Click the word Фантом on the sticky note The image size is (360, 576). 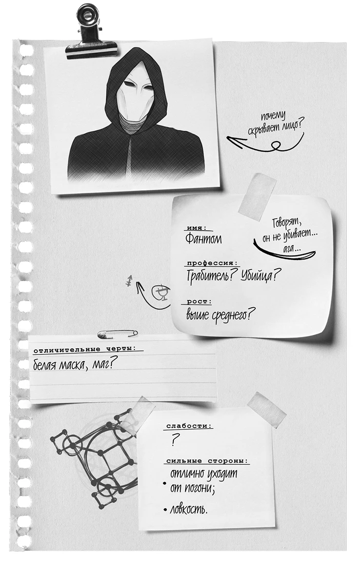pos(203,239)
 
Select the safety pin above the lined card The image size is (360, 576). pos(118,333)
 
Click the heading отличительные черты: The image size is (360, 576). pos(88,350)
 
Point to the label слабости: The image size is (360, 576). pos(189,426)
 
